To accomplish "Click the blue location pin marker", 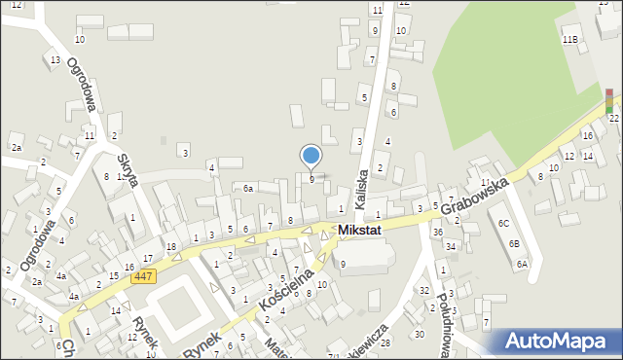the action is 311,156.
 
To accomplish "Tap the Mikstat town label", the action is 365,231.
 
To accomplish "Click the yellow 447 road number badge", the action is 143,277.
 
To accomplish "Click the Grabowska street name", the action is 475,197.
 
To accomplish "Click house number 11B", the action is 569,39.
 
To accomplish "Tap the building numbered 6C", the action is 503,224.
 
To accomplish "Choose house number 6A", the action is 523,264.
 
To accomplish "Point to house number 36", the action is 438,232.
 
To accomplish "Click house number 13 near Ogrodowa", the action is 55,60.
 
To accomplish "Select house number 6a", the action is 248,189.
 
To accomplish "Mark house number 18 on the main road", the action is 170,247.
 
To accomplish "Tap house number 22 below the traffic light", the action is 613,118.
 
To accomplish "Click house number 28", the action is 385,342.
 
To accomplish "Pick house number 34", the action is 451,246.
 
